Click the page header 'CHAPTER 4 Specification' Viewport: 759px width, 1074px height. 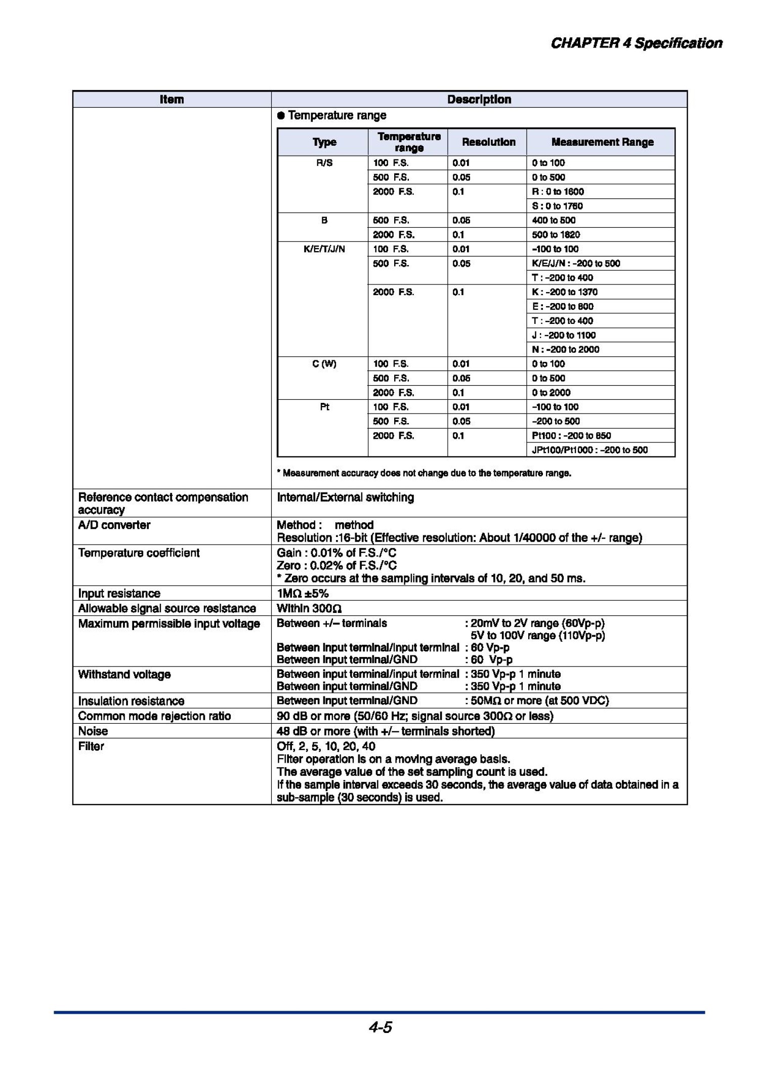(636, 44)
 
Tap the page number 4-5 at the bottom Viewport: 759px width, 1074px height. (380, 1027)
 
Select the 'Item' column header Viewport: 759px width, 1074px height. (172, 99)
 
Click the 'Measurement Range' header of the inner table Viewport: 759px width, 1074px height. (602, 142)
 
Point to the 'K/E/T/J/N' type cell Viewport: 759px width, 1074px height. (324, 249)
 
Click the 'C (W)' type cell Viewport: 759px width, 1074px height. (324, 364)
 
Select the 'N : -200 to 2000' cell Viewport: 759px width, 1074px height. (565, 350)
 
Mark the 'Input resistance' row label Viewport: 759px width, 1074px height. (119, 593)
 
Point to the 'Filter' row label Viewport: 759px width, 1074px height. (91, 746)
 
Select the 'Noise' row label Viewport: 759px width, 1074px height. (93, 731)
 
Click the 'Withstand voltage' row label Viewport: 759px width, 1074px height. (124, 674)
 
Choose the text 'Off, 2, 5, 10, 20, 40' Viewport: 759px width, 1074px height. (326, 746)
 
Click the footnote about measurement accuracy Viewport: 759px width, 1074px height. (424, 473)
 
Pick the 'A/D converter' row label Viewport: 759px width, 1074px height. (114, 525)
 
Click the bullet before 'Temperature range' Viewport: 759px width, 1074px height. (281, 116)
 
